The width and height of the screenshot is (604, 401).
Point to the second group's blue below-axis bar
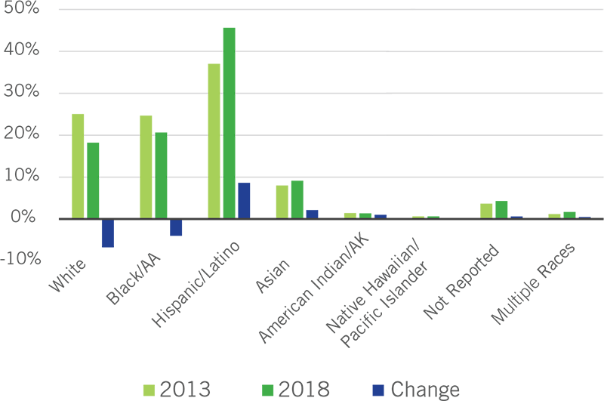[180, 237]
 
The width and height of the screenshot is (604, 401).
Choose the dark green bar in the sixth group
[433, 206]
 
